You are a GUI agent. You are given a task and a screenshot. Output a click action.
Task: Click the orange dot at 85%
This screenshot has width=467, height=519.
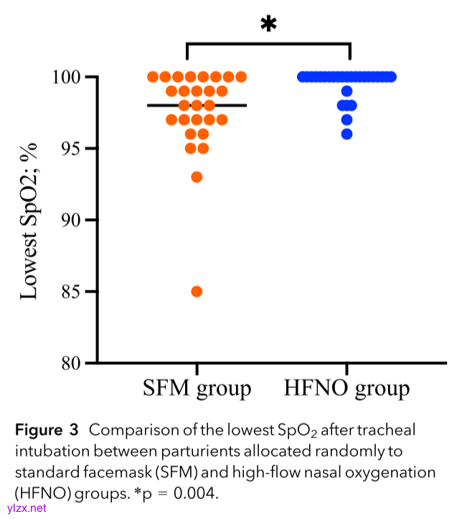(x=197, y=291)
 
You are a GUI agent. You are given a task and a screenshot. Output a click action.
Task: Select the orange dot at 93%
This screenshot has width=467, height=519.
(x=197, y=176)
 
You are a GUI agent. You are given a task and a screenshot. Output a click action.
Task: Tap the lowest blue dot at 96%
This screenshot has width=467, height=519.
(x=347, y=134)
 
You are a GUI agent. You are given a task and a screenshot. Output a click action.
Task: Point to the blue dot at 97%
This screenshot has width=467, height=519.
(x=347, y=120)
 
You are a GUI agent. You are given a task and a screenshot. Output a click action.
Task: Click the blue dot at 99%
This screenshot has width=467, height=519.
(x=347, y=91)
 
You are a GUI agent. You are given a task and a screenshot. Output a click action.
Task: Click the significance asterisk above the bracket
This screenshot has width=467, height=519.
(x=268, y=25)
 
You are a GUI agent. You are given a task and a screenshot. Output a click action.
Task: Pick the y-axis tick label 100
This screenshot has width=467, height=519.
(x=70, y=77)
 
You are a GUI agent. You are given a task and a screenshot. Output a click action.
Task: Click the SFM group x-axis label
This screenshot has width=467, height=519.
(x=197, y=389)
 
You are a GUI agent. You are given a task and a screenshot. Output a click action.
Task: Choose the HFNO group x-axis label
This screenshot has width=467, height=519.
(x=347, y=389)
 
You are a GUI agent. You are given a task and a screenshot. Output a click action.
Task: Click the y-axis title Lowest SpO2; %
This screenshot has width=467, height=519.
(x=29, y=220)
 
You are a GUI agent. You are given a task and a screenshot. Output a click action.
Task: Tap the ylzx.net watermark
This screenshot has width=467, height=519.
(x=26, y=508)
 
